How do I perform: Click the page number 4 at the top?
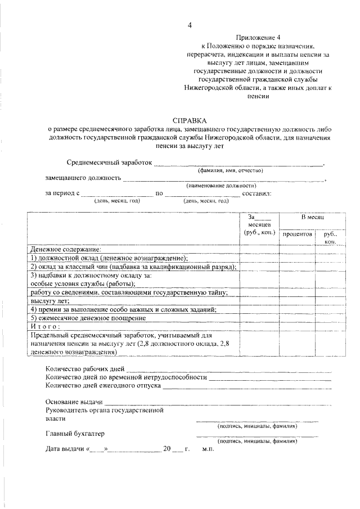coord(190,25)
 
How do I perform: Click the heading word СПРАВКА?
coord(190,120)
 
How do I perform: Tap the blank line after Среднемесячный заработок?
coord(239,165)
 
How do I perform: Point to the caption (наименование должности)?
coord(221,186)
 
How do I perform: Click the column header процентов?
coord(298,233)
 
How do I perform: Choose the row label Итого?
coord(42,327)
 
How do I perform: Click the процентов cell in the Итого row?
coord(298,327)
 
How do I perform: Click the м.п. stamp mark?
coord(209,450)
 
